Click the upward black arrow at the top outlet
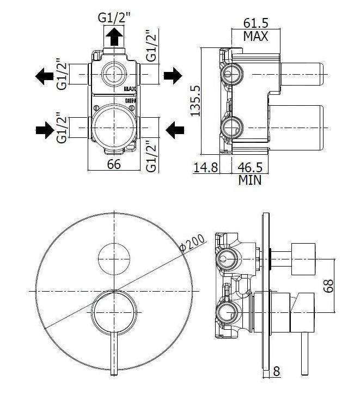(114, 37)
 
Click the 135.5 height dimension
(196, 101)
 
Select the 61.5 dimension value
(255, 23)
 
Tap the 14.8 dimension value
(206, 167)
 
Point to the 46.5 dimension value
(250, 167)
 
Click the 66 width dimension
(114, 165)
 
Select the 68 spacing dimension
(328, 286)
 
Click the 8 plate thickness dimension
(277, 371)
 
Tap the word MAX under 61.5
(255, 37)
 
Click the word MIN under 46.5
(249, 180)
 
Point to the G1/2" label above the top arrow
(114, 18)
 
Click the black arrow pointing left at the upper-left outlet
(44, 76)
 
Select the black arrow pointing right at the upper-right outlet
(173, 75)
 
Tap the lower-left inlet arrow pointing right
(45, 130)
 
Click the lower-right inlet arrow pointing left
(175, 130)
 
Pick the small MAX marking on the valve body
(130, 89)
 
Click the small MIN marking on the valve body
(130, 101)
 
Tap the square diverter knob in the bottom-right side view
(303, 259)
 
